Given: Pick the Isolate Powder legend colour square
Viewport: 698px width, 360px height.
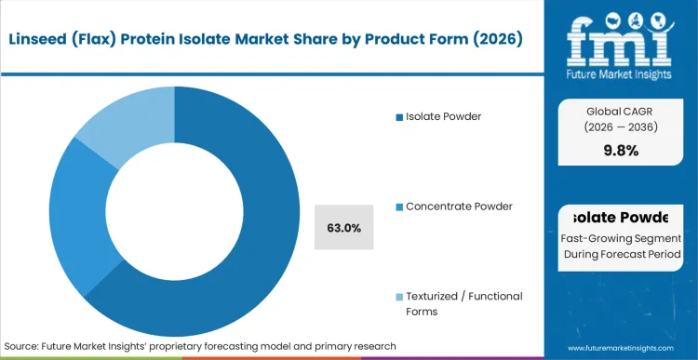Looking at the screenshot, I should pos(400,117).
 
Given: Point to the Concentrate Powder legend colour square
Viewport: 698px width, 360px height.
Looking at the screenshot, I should pos(400,207).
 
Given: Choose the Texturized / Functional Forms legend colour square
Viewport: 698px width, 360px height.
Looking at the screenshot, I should pos(400,297).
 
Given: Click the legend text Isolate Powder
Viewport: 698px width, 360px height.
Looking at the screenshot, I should pos(445,117).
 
